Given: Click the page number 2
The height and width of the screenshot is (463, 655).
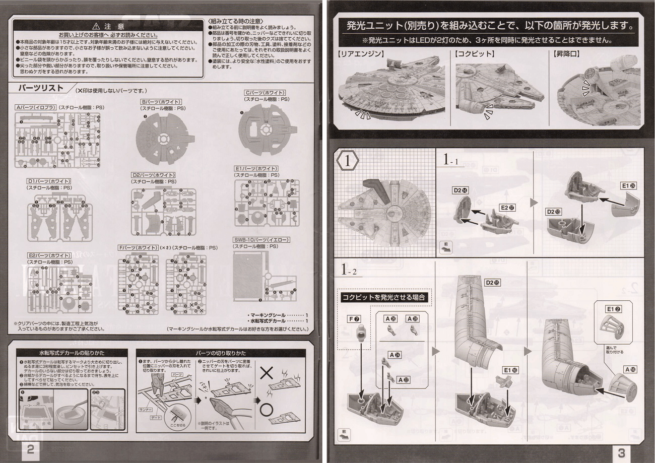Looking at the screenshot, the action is coord(31,450).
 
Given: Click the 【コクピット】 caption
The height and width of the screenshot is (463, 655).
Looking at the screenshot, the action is coord(474,52).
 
